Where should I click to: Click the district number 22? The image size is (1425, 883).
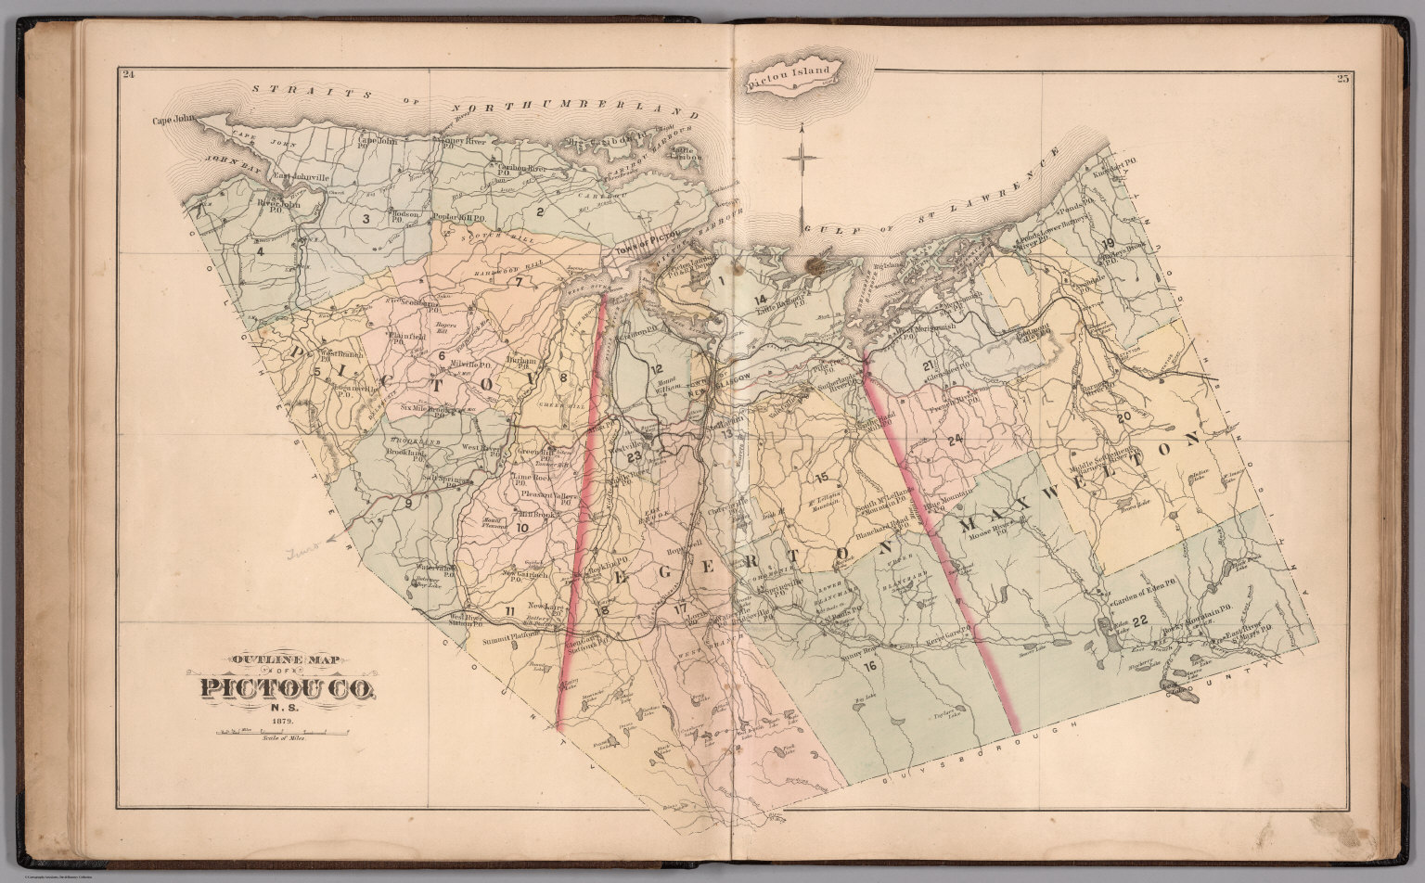pos(1140,620)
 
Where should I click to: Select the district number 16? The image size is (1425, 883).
pos(869,666)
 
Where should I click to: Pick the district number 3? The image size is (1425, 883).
pos(366,219)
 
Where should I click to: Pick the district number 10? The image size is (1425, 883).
pos(521,528)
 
